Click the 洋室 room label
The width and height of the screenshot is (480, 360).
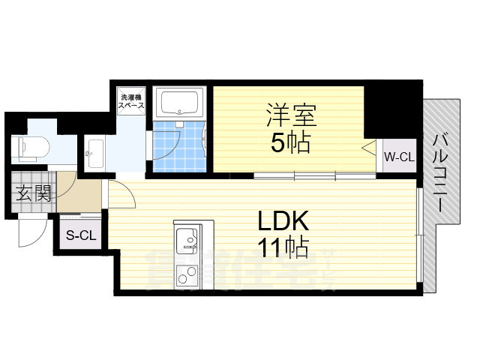pos(291,116)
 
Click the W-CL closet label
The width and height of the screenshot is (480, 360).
pos(399,157)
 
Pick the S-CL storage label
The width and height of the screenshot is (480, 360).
pos(81,235)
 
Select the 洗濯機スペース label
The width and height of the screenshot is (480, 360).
pos(131,102)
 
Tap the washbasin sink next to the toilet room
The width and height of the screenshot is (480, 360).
pos(94,154)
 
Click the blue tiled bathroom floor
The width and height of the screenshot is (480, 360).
pos(180,146)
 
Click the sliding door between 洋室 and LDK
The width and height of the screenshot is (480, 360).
pos(315,176)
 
